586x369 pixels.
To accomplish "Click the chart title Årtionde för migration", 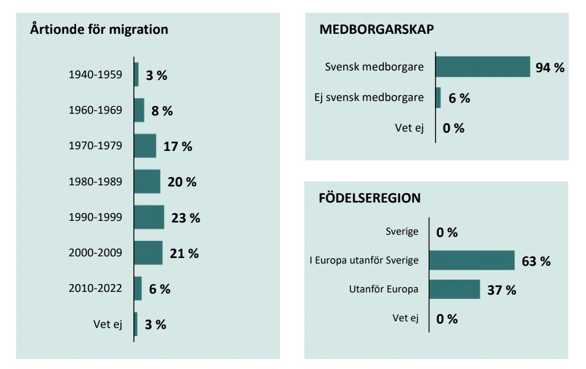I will tap(98, 29).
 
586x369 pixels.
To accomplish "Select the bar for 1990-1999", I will tap(149, 217).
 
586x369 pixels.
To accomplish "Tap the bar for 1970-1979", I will tap(145, 146).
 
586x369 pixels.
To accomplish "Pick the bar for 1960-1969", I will tap(139, 110).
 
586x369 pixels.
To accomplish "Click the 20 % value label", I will tap(182, 182).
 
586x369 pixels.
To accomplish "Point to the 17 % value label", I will tap(178, 146).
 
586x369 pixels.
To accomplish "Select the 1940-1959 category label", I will tap(95, 74).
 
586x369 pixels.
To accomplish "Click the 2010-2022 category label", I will tap(95, 289).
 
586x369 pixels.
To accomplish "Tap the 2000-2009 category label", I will tap(95, 253).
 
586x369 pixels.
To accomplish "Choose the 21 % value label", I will tap(184, 254).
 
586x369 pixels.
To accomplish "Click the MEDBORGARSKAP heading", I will tap(377, 30).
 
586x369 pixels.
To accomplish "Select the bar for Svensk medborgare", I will tap(483, 67).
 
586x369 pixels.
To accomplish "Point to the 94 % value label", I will tap(550, 68).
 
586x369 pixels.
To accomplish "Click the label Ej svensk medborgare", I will tap(369, 98).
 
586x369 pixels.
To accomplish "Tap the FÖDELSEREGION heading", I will tap(369, 198).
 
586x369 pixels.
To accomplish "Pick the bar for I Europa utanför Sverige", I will tap(472, 260).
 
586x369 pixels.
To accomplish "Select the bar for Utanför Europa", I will tap(454, 289).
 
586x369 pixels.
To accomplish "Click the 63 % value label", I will tap(536, 261).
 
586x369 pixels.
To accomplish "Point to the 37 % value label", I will tap(502, 290).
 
